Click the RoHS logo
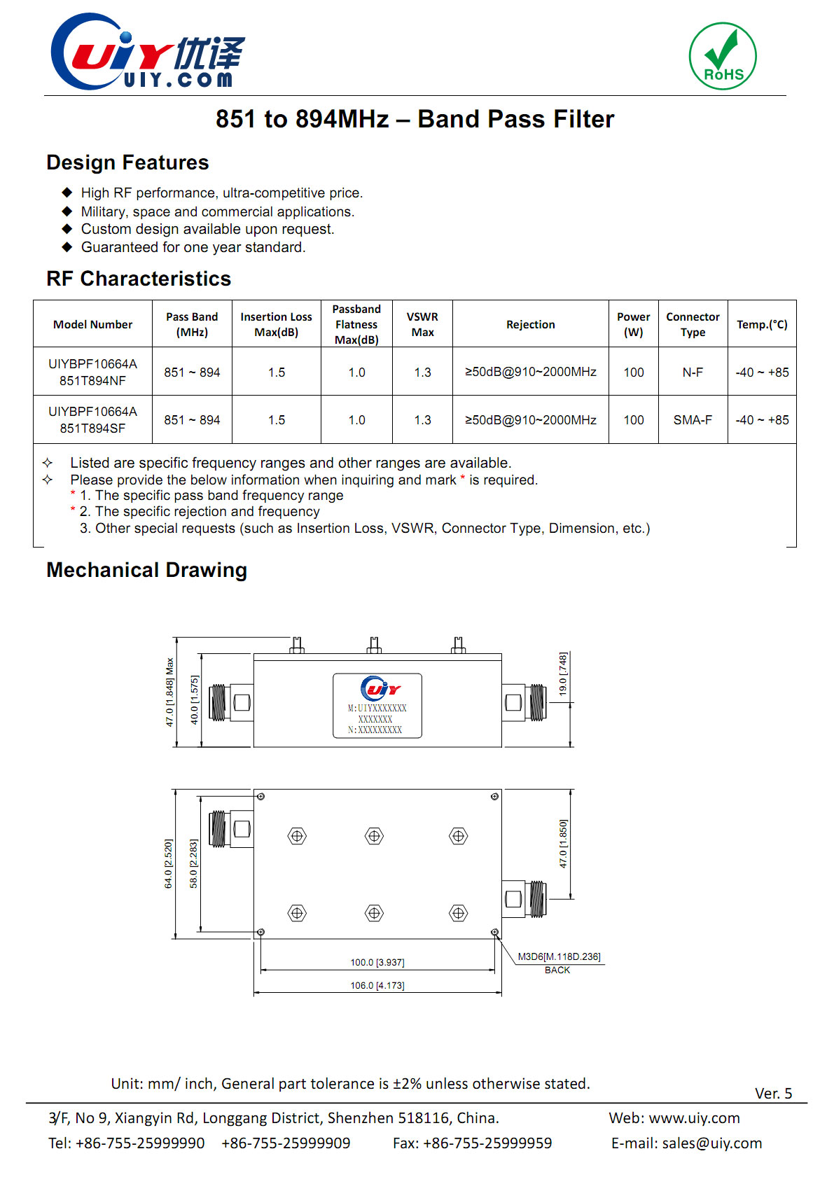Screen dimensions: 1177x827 [x=723, y=56]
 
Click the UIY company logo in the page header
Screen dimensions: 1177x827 [x=148, y=53]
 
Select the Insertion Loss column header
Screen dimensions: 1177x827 [x=276, y=324]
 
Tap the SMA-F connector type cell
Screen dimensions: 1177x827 [x=693, y=420]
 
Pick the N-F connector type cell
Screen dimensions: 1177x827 [x=693, y=372]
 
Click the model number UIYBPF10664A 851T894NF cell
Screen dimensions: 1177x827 [x=92, y=372]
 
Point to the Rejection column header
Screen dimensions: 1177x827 [x=530, y=324]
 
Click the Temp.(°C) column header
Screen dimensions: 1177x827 [x=762, y=324]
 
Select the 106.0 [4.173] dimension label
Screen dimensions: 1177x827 [x=377, y=986]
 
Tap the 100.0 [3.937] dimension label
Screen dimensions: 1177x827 [x=377, y=963]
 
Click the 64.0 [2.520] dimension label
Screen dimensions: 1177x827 [x=168, y=864]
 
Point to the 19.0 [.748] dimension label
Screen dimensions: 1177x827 [x=563, y=674]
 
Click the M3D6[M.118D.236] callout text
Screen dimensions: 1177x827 [x=559, y=956]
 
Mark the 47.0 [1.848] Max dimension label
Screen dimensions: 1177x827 [x=169, y=692]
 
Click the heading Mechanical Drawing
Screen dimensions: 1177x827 [x=146, y=570]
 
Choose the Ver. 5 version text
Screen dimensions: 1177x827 [x=773, y=1094]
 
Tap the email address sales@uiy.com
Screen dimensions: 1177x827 [x=711, y=1143]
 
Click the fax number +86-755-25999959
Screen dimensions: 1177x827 [x=487, y=1143]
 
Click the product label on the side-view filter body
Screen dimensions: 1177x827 [x=377, y=706]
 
